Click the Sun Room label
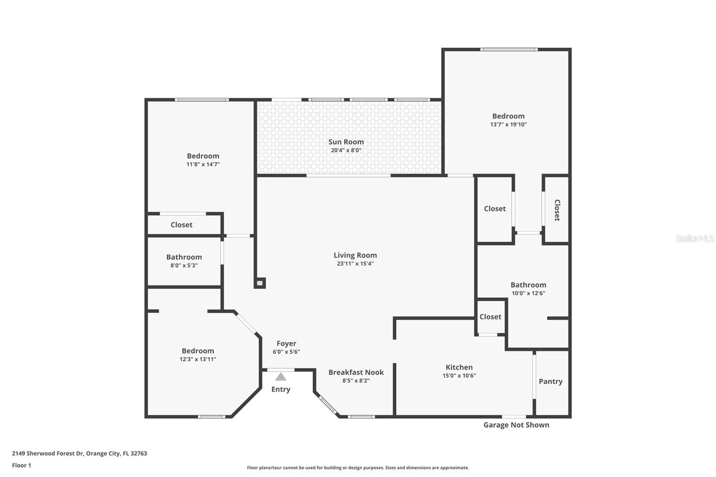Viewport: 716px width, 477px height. [346, 142]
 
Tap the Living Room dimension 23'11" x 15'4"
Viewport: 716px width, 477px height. [355, 264]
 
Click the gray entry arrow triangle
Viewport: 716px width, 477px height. [281, 377]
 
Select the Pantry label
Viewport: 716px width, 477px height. [550, 381]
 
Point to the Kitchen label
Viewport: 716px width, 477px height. [459, 367]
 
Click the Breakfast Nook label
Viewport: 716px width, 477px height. [356, 372]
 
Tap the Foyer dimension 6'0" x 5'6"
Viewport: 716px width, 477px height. [286, 352]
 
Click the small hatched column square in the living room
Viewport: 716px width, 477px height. [260, 283]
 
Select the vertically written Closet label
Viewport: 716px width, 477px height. [557, 210]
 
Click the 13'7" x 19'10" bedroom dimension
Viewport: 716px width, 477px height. [508, 124]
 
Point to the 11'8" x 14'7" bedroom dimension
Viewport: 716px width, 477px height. [203, 164]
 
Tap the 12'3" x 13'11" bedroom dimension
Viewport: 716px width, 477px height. [198, 359]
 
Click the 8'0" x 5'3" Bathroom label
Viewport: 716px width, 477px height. [184, 257]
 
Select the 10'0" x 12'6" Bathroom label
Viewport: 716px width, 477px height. [528, 285]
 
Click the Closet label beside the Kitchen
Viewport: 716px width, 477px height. [490, 317]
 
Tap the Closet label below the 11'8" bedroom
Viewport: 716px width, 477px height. [181, 225]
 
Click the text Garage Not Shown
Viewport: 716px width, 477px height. [516, 425]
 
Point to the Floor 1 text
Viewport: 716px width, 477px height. [21, 465]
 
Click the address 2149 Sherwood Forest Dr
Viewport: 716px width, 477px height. [79, 453]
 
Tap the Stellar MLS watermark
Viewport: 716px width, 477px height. [695, 238]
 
